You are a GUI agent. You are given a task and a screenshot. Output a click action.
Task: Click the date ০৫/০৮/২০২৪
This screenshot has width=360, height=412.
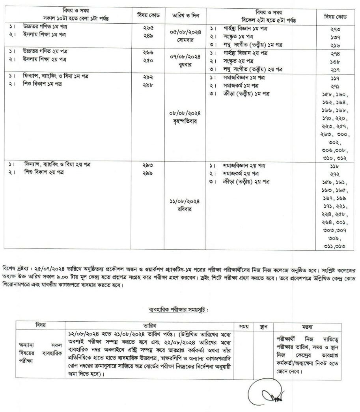point(187,33)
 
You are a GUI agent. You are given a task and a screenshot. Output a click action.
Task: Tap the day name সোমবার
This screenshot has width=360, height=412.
point(187,40)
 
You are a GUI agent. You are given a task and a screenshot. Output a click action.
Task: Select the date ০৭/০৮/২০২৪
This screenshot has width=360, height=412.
point(187,56)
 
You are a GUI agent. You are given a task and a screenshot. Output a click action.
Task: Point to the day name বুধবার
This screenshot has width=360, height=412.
point(187,64)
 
